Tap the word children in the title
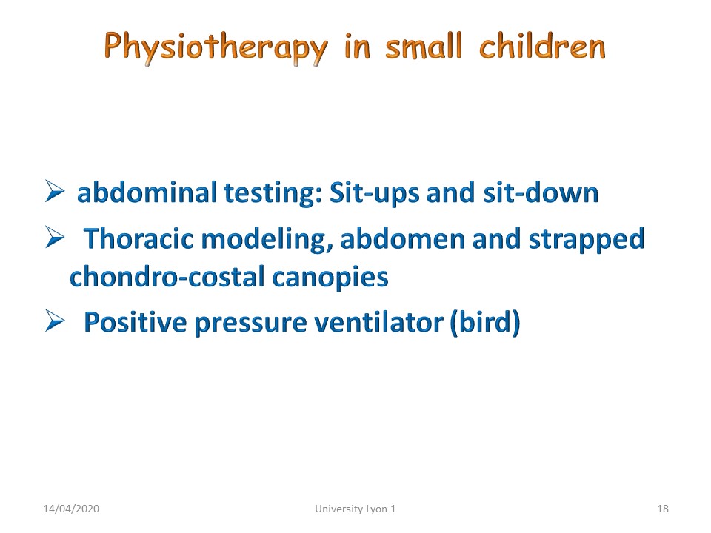coord(542,45)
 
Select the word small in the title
coord(424,45)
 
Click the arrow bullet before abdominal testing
coord(55,190)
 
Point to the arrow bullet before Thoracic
coord(55,237)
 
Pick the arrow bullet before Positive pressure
coord(55,321)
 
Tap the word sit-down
coord(541,192)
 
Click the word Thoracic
coord(138,238)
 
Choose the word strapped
coord(587,240)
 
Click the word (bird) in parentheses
coord(484,323)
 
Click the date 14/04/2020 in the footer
coord(71,509)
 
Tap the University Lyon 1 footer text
coord(355,509)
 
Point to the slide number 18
coord(662,509)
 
